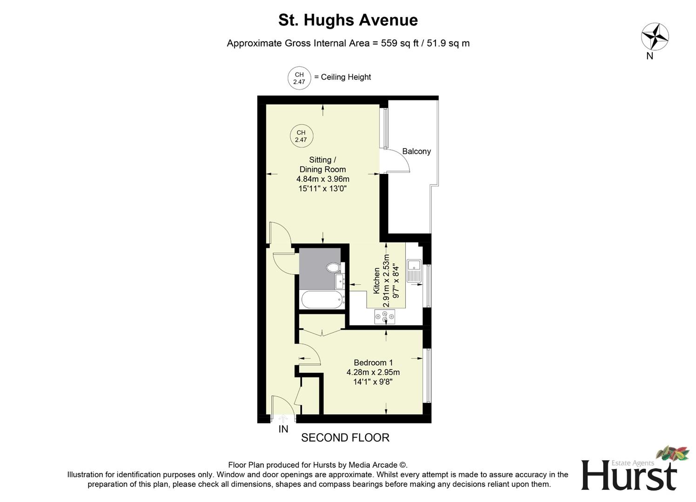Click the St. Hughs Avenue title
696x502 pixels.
tap(348, 20)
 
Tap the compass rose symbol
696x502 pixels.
tap(655, 36)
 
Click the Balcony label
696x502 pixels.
tap(416, 151)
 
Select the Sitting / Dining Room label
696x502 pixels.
tap(322, 165)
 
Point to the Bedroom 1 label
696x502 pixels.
tap(373, 363)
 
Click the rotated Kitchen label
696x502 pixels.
tap(376, 280)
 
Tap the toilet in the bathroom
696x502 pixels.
tap(333, 268)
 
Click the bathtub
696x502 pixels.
tap(322, 299)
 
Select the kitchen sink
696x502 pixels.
tap(414, 271)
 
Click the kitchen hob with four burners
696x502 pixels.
tap(385, 317)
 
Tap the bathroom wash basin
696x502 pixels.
tap(339, 281)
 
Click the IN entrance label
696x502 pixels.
tap(283, 429)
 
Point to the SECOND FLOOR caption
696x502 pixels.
tap(345, 438)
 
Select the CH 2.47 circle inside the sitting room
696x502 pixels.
tap(301, 136)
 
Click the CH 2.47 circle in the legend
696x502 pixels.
tap(299, 78)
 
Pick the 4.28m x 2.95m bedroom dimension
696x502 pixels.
tap(373, 372)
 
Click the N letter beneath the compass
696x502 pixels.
tap(650, 56)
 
